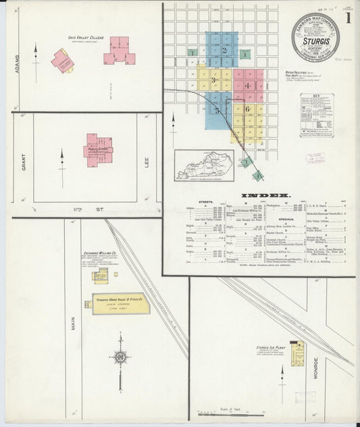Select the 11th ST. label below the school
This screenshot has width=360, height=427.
pos(85,211)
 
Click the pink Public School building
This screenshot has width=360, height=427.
pos(97,147)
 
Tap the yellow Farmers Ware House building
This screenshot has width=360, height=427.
pos(116,304)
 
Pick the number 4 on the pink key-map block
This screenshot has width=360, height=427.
pos(248,86)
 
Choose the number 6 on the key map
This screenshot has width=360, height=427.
pos(248,109)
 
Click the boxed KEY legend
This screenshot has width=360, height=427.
pos(317,115)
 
